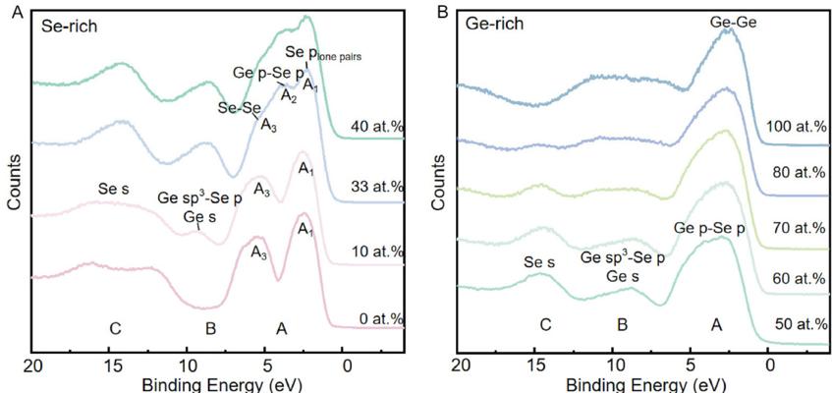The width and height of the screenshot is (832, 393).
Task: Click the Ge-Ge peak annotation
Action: coord(727,20)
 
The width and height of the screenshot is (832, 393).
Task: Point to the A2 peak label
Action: coord(288,95)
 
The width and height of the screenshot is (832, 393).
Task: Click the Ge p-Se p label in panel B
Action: coord(709,229)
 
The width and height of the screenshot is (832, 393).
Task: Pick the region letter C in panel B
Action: coord(545,323)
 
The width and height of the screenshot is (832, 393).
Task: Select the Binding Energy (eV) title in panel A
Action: coord(208,385)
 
